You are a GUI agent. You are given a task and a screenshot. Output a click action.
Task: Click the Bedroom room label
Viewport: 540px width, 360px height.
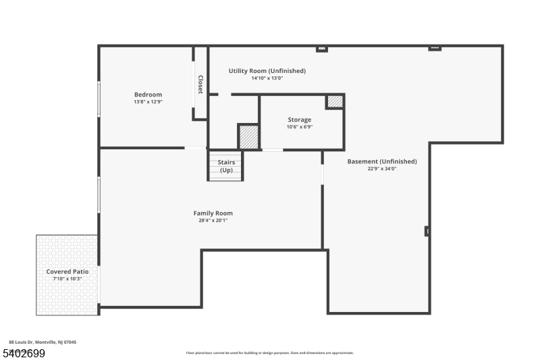(148, 95)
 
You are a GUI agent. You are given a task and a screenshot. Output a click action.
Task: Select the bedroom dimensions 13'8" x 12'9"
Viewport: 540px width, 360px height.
(148, 102)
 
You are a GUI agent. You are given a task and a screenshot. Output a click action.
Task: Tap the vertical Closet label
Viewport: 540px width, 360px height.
(200, 84)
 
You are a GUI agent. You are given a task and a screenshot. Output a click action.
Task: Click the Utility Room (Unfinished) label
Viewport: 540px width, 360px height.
(267, 71)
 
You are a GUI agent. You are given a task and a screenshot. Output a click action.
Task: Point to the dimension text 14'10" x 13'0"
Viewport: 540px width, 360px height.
(267, 78)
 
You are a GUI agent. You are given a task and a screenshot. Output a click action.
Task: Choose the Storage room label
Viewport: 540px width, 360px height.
(300, 120)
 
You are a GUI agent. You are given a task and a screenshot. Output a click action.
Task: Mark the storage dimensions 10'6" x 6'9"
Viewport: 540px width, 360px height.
(300, 127)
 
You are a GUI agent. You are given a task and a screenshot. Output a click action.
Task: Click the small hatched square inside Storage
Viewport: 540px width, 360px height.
(335, 102)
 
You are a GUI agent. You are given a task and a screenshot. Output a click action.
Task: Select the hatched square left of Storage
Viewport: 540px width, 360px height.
(248, 136)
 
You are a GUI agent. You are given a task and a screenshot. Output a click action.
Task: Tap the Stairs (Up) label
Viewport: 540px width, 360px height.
(226, 166)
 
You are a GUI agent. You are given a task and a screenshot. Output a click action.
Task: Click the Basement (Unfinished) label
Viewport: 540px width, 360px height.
(382, 161)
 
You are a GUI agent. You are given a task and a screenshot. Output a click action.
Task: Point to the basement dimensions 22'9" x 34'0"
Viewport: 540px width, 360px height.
(382, 169)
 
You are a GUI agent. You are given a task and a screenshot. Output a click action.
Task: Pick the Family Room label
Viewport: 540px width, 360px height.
(213, 213)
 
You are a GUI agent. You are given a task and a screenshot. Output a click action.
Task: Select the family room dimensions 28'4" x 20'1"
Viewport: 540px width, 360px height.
(213, 221)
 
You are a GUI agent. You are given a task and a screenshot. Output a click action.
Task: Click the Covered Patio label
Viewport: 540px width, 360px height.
(67, 272)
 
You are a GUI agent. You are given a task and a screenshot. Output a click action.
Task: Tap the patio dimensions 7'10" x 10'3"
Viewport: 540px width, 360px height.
(67, 279)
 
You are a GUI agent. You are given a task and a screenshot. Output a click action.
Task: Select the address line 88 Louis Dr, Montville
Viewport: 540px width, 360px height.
(43, 342)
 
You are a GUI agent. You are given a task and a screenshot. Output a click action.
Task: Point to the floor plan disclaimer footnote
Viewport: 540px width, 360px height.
(269, 353)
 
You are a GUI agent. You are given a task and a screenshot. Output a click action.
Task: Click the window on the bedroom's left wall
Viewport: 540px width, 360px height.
(99, 99)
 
